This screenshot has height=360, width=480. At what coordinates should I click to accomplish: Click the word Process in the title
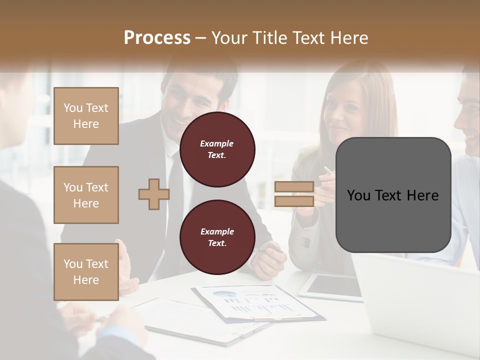click(x=157, y=38)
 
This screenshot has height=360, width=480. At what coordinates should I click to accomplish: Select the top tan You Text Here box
click(x=86, y=116)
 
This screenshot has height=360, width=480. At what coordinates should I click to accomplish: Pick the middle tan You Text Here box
click(x=86, y=195)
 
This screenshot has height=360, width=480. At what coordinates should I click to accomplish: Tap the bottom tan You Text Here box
click(x=86, y=271)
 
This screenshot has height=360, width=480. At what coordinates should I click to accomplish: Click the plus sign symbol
click(x=153, y=194)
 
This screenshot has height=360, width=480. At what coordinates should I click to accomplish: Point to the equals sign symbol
click(x=294, y=194)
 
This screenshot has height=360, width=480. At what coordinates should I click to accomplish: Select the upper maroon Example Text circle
click(x=217, y=149)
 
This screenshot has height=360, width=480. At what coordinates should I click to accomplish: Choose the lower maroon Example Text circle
click(x=217, y=237)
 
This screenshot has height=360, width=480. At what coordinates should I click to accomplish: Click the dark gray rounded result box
click(x=393, y=194)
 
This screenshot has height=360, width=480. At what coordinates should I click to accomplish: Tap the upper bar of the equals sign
click(x=294, y=187)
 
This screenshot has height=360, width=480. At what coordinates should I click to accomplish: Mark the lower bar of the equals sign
click(x=294, y=201)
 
